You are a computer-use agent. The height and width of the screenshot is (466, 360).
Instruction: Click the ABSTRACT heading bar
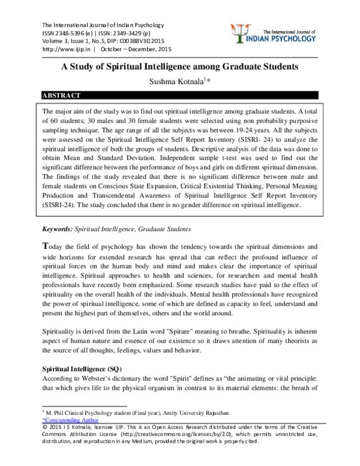tap(180, 95)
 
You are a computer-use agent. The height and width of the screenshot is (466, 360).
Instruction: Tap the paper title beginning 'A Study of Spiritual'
tap(180, 67)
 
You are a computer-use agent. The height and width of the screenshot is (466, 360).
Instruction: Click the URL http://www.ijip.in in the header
tap(58, 49)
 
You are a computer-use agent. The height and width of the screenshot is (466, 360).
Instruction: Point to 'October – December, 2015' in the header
tap(136, 49)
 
